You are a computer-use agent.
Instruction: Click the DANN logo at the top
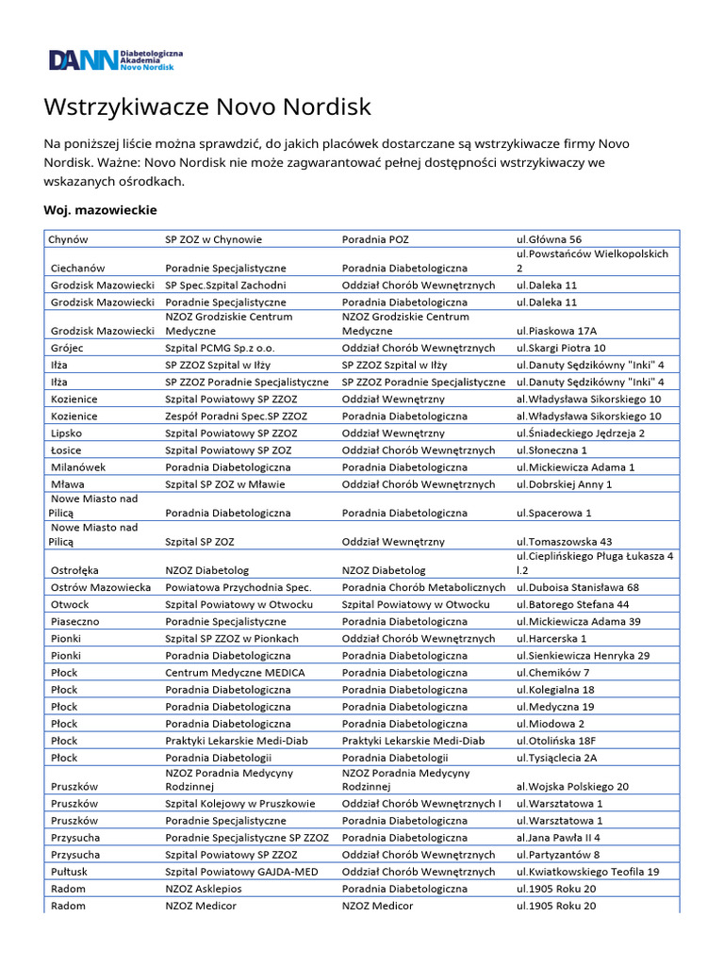coord(116,59)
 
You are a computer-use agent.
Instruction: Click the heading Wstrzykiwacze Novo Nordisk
coord(207,106)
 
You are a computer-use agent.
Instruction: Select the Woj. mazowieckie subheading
coord(100,209)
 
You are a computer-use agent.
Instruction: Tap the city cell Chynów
coord(68,239)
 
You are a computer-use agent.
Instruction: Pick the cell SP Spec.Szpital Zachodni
coord(225,285)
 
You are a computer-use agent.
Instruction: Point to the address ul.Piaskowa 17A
coord(556,331)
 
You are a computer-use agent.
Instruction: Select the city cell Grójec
coord(66,349)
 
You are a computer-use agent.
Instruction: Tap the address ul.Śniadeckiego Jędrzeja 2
coord(580,433)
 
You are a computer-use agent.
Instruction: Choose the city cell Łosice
coord(66,450)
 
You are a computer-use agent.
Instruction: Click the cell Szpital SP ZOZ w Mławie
coord(224,484)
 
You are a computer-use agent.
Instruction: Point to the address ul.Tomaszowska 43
coord(564,542)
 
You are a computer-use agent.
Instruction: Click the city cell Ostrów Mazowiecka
coord(101,587)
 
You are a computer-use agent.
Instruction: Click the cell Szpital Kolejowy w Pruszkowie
coord(240,803)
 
